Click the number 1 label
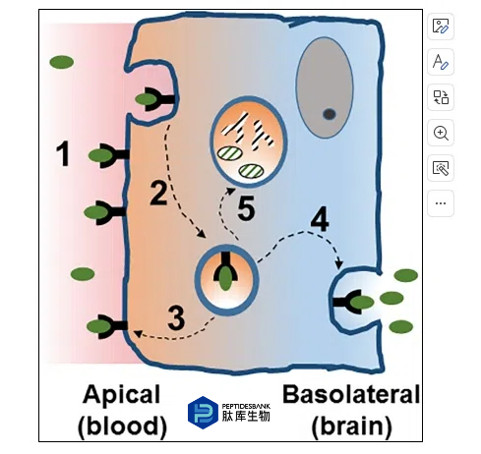[x=63, y=153]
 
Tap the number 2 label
[x=158, y=193]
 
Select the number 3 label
[x=176, y=317]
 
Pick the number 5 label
[x=246, y=208]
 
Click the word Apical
[x=122, y=395]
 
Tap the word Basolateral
[x=351, y=394]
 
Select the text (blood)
[x=122, y=426]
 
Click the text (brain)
[x=352, y=426]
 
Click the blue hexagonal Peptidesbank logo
[x=203, y=413]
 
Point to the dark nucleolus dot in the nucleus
[x=330, y=114]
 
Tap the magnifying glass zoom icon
[x=441, y=133]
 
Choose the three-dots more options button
[x=441, y=203]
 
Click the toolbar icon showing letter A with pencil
[x=441, y=62]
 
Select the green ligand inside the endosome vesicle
[x=225, y=278]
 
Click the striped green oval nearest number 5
[x=251, y=171]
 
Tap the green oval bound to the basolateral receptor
[x=362, y=302]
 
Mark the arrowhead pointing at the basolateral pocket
[x=339, y=264]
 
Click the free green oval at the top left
[x=62, y=62]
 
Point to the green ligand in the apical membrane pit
[x=147, y=99]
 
